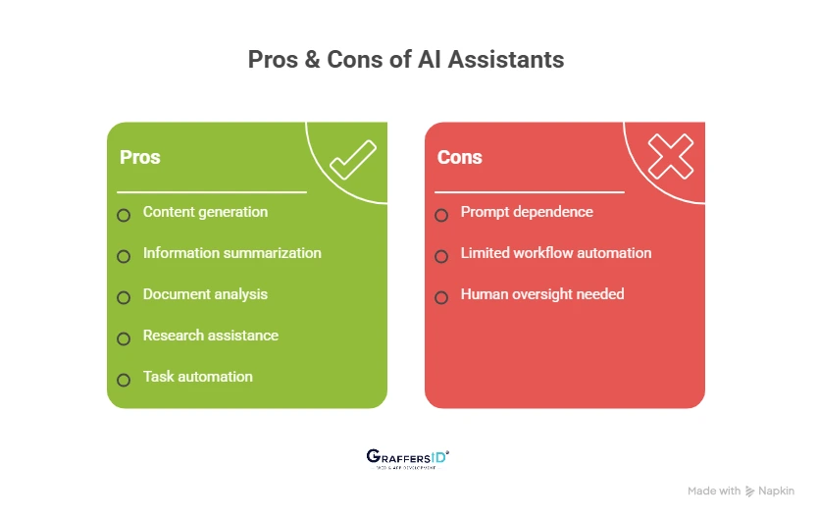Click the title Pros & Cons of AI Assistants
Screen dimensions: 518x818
click(405, 59)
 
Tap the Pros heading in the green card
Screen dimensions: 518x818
click(139, 157)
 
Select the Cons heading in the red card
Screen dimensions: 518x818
click(459, 157)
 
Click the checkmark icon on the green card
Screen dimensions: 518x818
click(352, 160)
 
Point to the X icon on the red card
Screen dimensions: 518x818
click(671, 157)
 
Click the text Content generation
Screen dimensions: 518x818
click(205, 212)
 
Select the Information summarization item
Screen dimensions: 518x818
click(231, 253)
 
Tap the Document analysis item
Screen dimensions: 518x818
click(205, 294)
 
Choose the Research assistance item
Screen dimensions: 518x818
click(211, 336)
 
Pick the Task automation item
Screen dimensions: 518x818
click(197, 377)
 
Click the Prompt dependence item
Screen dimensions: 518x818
click(527, 212)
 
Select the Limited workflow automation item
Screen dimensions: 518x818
click(556, 253)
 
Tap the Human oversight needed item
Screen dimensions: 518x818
click(542, 294)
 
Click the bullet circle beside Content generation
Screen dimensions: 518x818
click(124, 215)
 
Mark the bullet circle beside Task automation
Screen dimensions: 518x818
click(124, 380)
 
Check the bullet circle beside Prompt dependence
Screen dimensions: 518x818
click(441, 215)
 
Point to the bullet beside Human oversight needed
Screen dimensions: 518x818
click(441, 297)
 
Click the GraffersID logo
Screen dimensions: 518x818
click(407, 458)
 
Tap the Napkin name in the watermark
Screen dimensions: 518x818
click(776, 491)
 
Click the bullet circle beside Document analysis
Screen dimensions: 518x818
click(124, 297)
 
